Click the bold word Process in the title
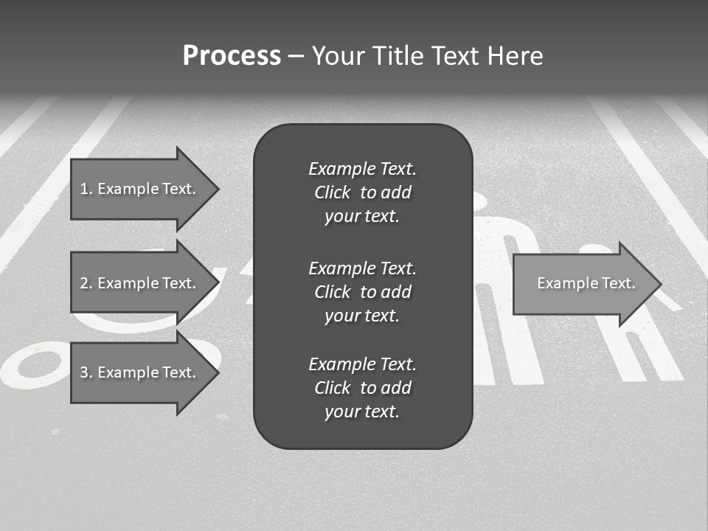coord(232,56)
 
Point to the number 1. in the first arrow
coord(86,189)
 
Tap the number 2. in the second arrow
coord(86,283)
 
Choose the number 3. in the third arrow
coord(86,372)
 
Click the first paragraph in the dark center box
coord(362,192)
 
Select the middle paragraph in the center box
coord(362,292)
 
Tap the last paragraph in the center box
coord(362,388)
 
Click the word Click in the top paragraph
coord(332,192)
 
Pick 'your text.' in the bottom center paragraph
coord(362,412)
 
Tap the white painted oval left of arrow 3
coord(33,365)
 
